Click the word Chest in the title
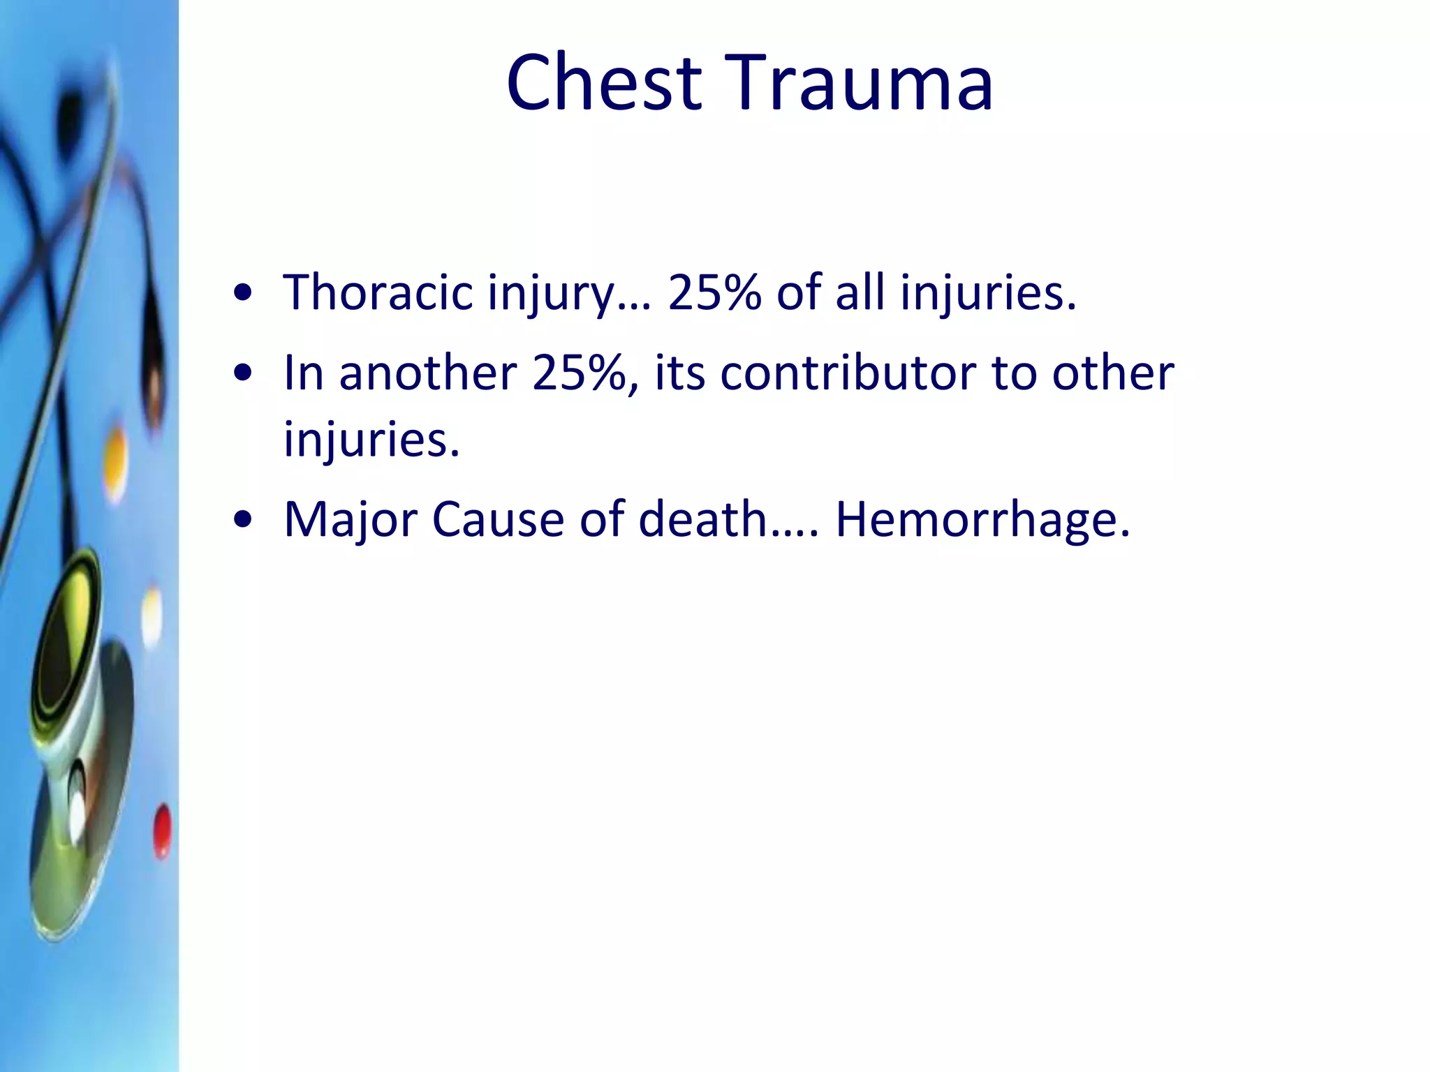click(x=604, y=82)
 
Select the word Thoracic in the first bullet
click(x=378, y=292)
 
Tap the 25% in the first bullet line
click(x=714, y=292)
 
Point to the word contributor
click(x=848, y=373)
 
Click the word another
click(x=428, y=373)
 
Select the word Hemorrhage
click(x=982, y=519)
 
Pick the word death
click(x=703, y=519)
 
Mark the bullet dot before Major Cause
click(x=243, y=521)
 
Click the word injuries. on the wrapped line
click(x=371, y=440)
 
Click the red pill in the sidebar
click(x=162, y=831)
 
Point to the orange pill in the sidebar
click(x=116, y=461)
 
